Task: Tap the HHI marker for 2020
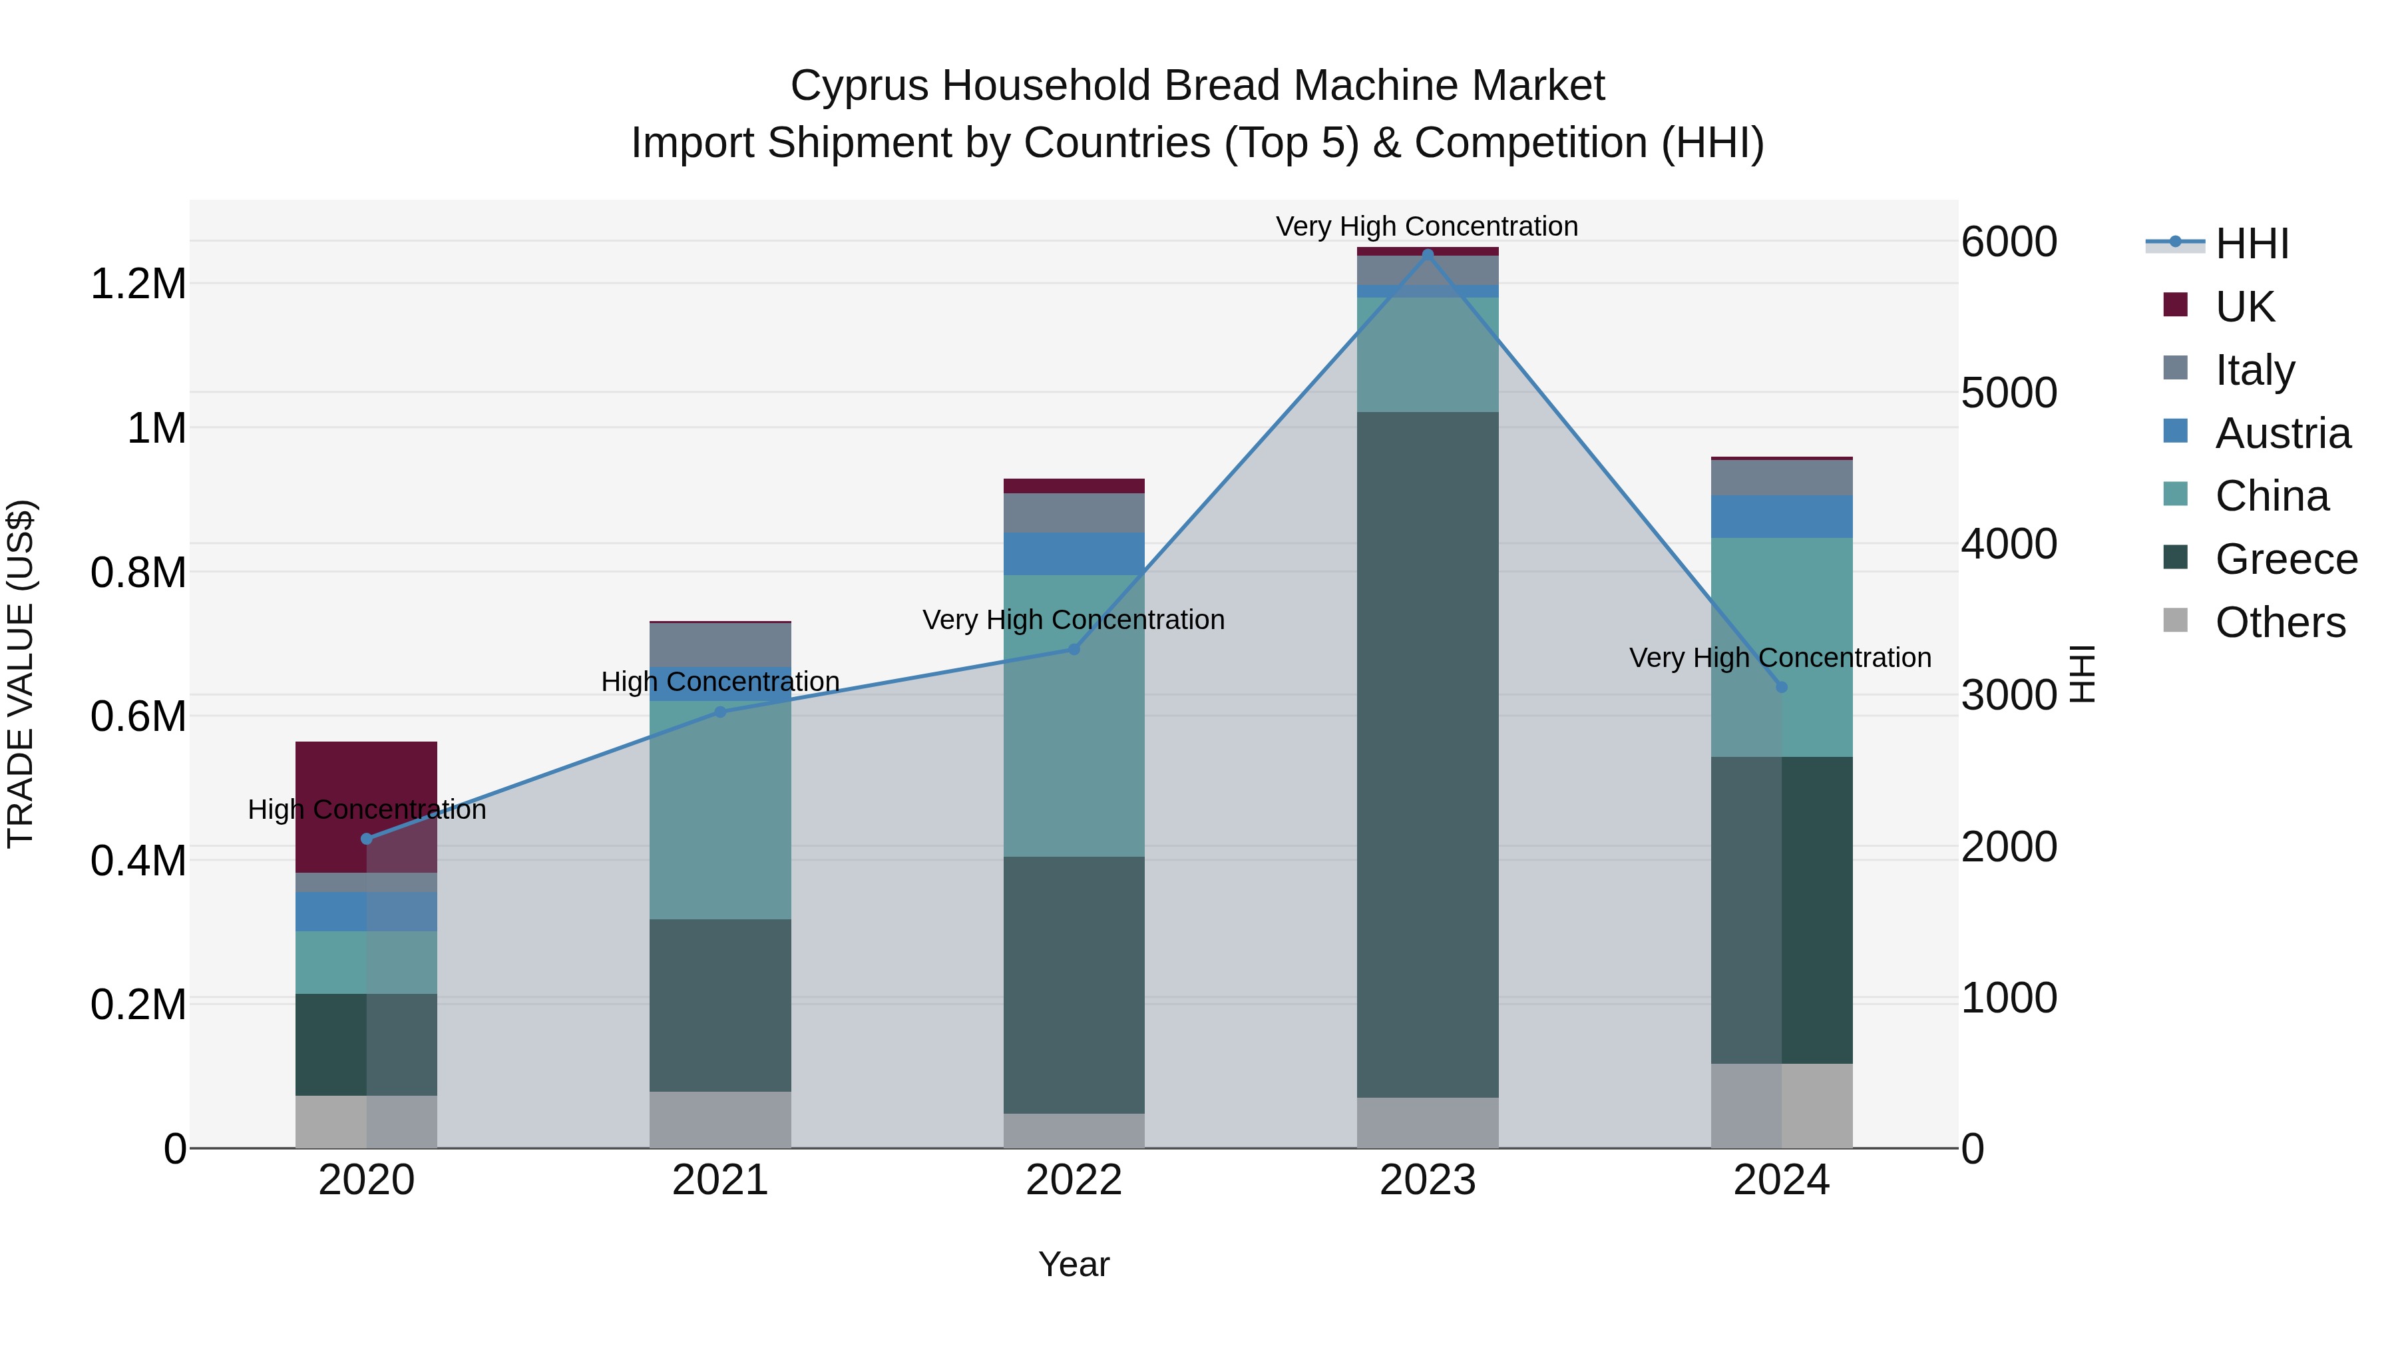tap(367, 838)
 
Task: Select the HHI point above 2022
tap(1074, 648)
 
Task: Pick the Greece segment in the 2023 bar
tap(1428, 754)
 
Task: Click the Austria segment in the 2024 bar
tap(1781, 517)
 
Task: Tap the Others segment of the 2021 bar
tap(720, 1118)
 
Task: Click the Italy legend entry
tap(2255, 369)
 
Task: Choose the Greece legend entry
tap(2286, 559)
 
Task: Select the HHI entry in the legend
tap(2252, 244)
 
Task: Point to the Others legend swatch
tap(2176, 620)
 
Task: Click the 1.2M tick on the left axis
tap(138, 284)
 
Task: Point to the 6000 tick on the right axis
tap(2009, 242)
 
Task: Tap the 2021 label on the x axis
tap(720, 1180)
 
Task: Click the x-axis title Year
tap(1074, 1264)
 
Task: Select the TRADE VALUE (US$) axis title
tap(21, 674)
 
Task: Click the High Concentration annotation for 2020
tap(367, 809)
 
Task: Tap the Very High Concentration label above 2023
tap(1427, 226)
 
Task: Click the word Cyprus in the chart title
tap(859, 86)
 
